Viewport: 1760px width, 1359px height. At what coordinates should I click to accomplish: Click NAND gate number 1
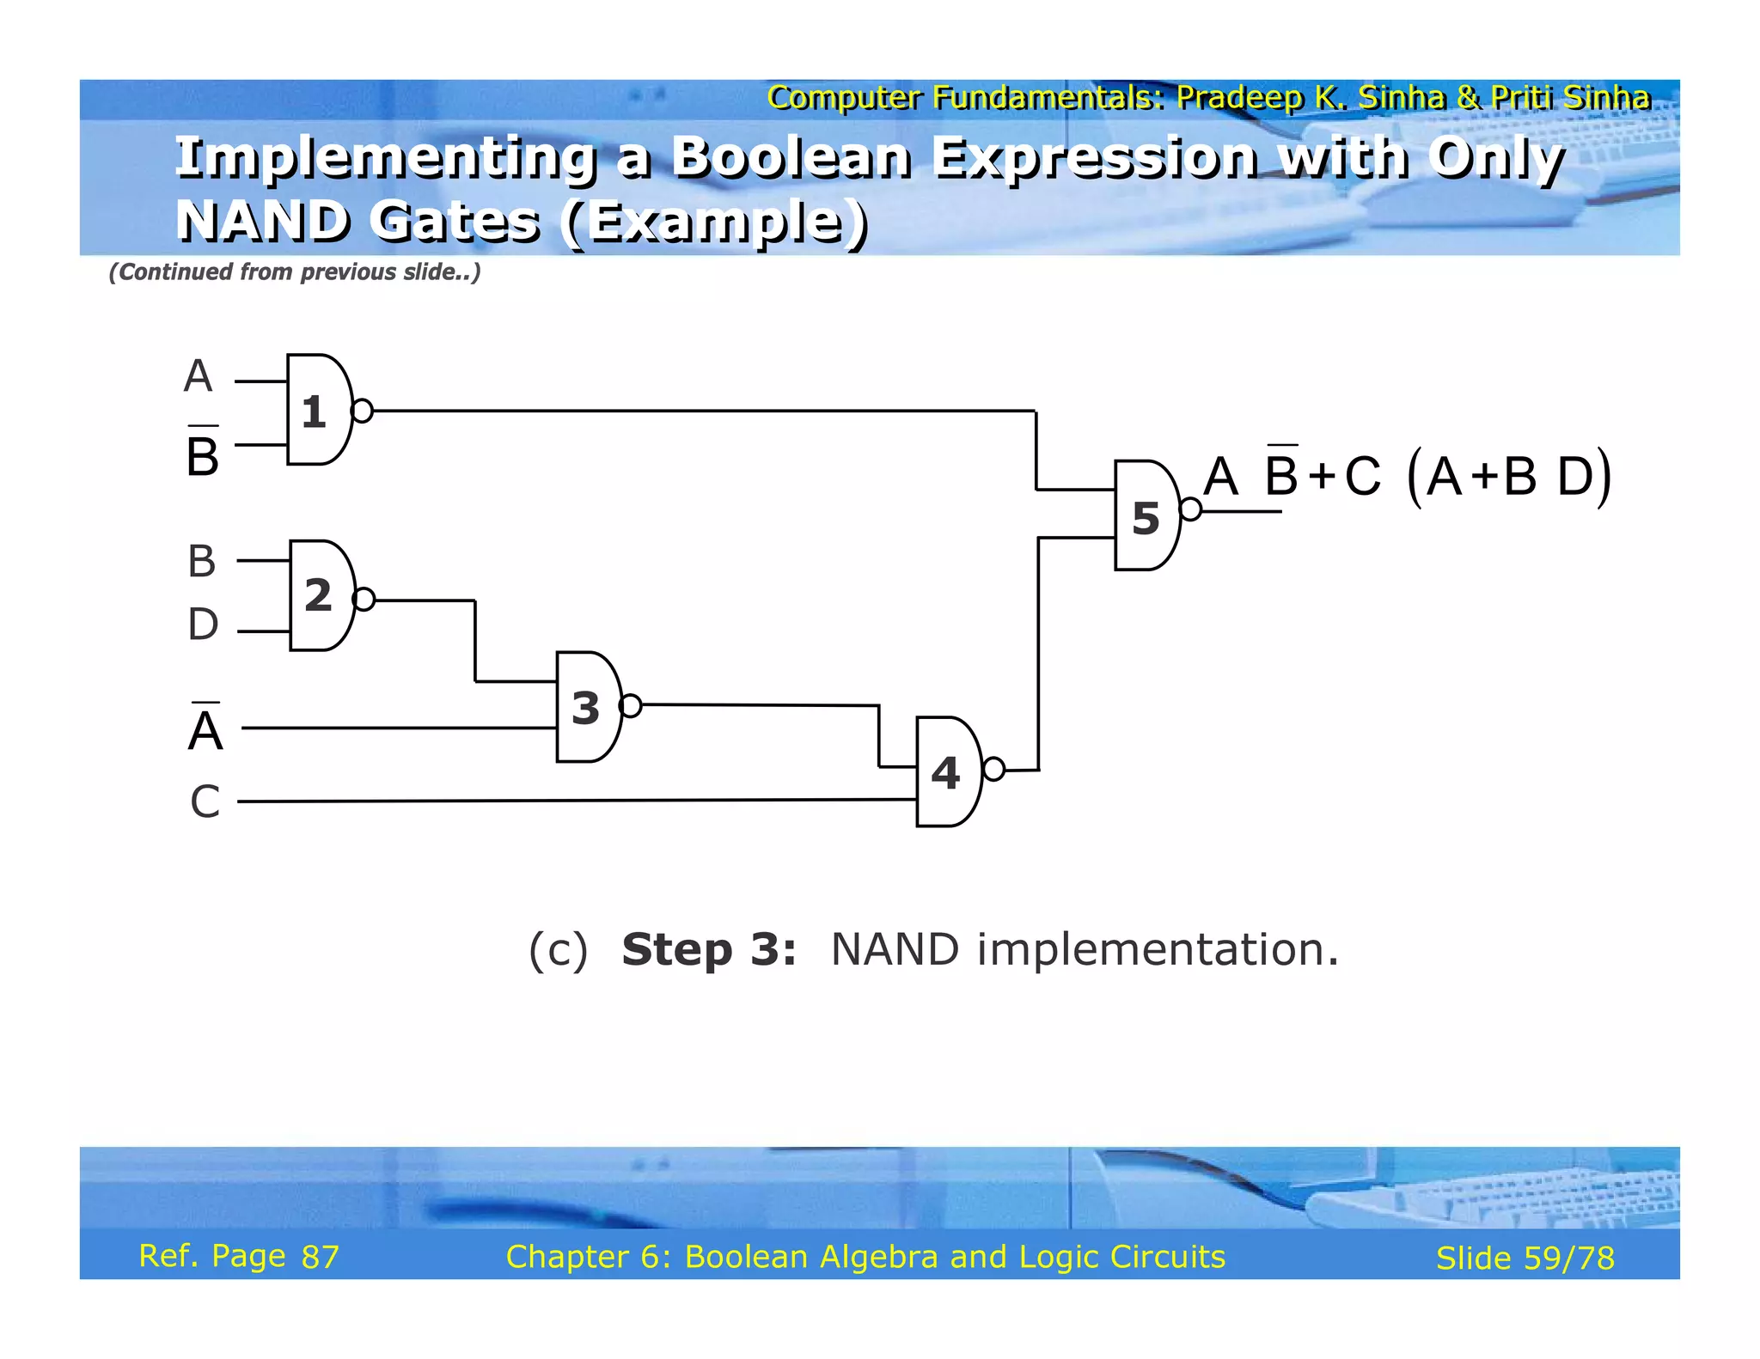click(317, 411)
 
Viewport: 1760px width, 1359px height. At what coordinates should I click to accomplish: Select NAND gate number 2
click(321, 596)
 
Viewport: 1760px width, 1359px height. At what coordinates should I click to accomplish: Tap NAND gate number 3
click(588, 708)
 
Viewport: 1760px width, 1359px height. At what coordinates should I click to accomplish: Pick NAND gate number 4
click(947, 772)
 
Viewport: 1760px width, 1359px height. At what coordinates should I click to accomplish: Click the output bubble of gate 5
click(1190, 509)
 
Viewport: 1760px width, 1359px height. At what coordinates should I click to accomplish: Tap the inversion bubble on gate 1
click(362, 411)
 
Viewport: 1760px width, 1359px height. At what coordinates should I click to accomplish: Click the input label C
click(205, 801)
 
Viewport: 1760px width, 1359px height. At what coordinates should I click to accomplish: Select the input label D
click(203, 625)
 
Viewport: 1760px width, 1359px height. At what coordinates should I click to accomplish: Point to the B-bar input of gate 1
click(203, 453)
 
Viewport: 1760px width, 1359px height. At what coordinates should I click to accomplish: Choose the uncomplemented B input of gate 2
click(202, 562)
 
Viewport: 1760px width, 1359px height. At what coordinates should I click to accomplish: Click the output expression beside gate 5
click(1407, 476)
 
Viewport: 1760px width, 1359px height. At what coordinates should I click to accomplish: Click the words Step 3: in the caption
click(709, 950)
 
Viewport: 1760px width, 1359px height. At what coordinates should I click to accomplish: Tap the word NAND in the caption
click(895, 950)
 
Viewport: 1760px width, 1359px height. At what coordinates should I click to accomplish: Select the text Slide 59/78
click(1525, 1258)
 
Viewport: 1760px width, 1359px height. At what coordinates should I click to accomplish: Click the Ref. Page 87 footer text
click(239, 1257)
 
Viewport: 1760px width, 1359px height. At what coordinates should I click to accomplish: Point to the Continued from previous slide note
click(294, 272)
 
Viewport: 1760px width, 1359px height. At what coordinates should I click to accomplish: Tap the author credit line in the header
click(1208, 98)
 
